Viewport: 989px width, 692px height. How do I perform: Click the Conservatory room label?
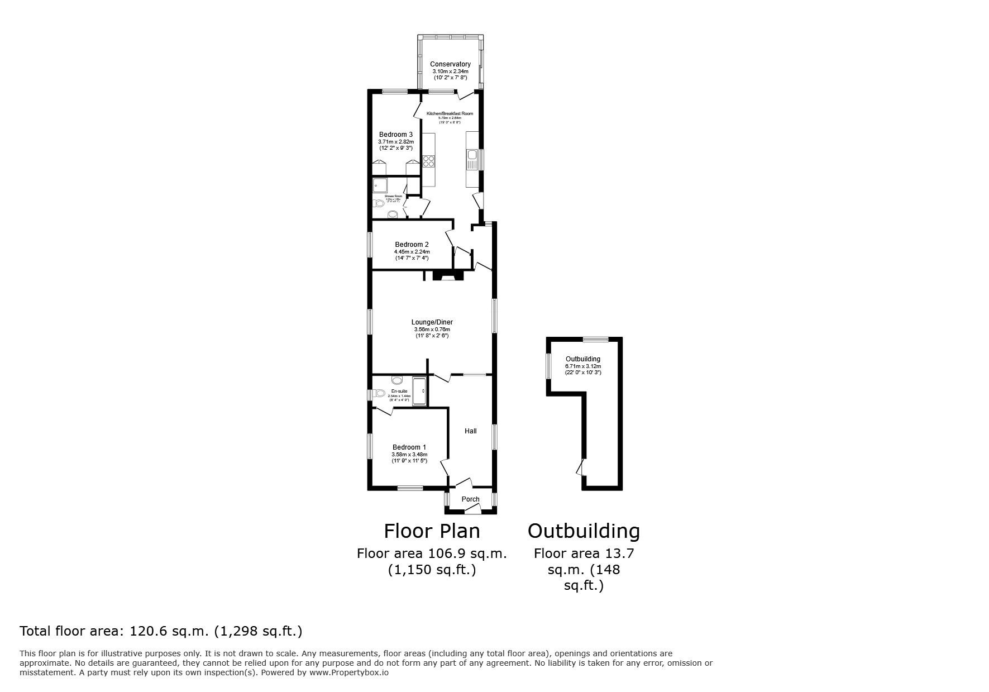[450, 64]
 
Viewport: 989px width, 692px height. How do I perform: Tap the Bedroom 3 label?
[396, 135]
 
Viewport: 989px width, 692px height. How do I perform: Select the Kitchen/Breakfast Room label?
[450, 113]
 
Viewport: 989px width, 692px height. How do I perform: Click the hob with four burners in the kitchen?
[429, 161]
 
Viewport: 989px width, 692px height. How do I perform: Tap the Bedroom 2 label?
[412, 245]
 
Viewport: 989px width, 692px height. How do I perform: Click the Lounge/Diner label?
[432, 322]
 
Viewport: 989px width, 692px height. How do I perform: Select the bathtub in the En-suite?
[419, 390]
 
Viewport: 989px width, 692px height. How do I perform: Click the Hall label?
[471, 431]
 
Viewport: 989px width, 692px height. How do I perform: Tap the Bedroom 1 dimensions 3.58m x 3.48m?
[409, 455]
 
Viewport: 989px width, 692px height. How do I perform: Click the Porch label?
[470, 499]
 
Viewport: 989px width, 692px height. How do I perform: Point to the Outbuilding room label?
[583, 359]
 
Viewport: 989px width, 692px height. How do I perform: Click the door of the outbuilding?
[581, 467]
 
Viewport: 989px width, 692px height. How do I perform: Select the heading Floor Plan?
[432, 531]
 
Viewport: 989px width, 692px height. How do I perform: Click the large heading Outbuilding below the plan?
[584, 531]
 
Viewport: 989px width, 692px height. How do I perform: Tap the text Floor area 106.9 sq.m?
[432, 553]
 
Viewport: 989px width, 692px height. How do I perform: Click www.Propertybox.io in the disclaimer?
[348, 673]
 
